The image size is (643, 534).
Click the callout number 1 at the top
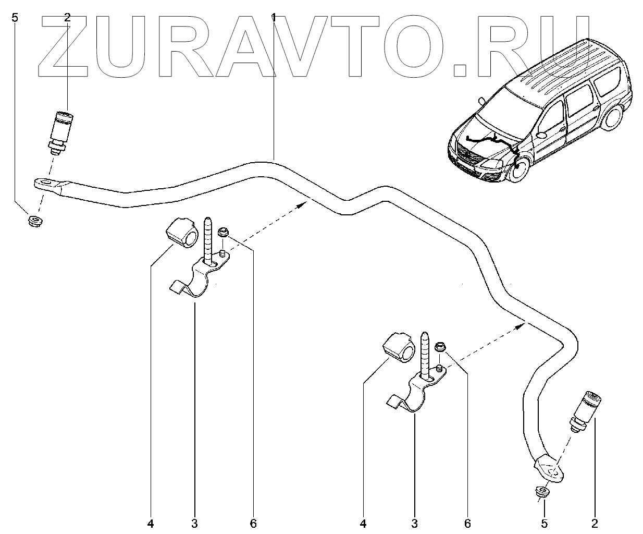pyautogui.click(x=274, y=17)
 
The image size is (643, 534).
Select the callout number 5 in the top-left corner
pyautogui.click(x=15, y=17)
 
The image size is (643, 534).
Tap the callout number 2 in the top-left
pyautogui.click(x=67, y=17)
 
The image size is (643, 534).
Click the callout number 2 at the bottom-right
pyautogui.click(x=595, y=522)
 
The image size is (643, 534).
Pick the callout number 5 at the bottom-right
pyautogui.click(x=544, y=522)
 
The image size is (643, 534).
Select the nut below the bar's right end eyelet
pyautogui.click(x=542, y=491)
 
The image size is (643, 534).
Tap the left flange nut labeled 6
pyautogui.click(x=224, y=231)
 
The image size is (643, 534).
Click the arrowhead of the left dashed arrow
pyautogui.click(x=301, y=205)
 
